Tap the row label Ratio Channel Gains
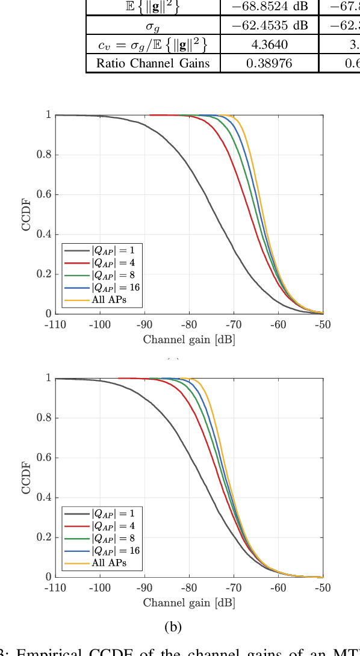[x=153, y=63]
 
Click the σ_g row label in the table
[x=153, y=25]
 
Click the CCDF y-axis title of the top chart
[x=26, y=214]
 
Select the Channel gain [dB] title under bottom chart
[x=189, y=602]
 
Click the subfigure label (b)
[x=173, y=627]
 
